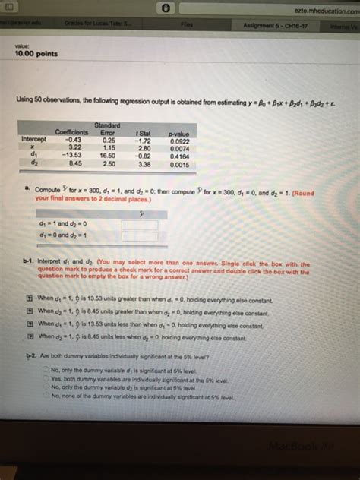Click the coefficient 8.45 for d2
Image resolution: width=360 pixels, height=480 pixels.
[75, 162]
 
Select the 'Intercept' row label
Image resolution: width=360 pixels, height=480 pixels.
[33, 140]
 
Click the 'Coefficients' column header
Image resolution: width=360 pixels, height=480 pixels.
[73, 133]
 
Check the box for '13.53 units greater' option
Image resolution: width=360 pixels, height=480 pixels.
[29, 300]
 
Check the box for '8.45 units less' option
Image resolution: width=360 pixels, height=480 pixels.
[29, 335]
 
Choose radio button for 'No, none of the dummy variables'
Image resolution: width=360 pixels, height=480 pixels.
[45, 395]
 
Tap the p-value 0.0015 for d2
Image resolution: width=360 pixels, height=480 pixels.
[179, 162]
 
